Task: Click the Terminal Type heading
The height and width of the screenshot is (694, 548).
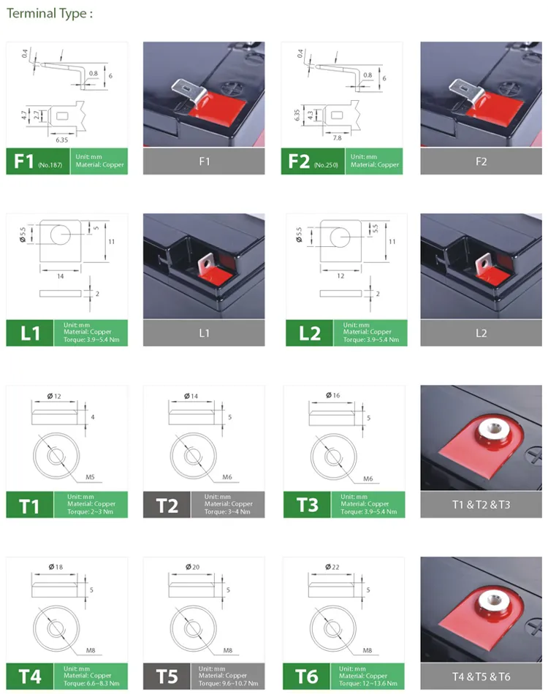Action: point(50,14)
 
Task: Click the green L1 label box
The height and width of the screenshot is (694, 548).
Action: point(30,333)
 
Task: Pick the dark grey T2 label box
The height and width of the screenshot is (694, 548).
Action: point(167,505)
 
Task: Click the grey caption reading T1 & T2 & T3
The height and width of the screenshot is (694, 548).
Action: point(480,505)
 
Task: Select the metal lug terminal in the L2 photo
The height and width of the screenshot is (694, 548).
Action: point(482,264)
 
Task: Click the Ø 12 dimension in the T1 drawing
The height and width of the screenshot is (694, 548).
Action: point(54,395)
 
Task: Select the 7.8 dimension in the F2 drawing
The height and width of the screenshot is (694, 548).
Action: point(338,137)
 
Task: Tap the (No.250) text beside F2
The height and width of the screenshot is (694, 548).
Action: point(327,166)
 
